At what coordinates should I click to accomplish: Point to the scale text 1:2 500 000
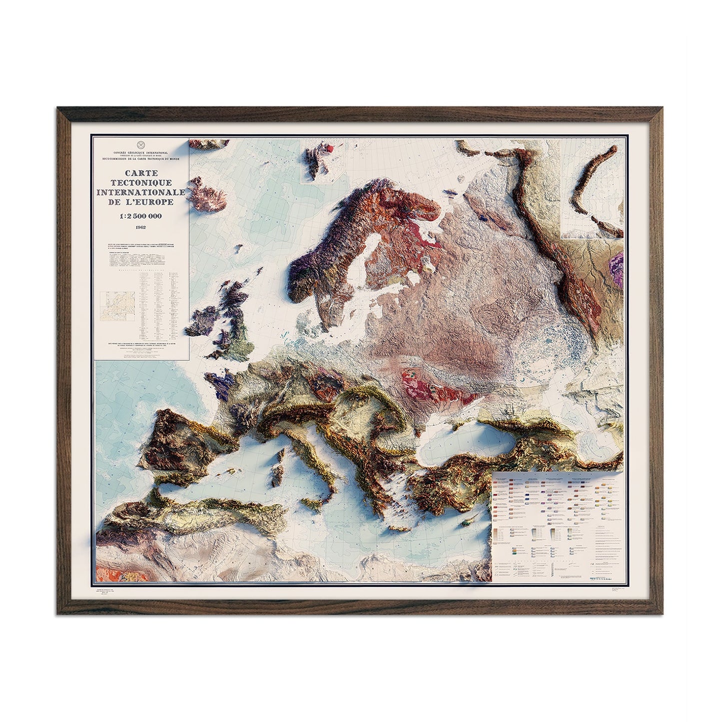pyautogui.click(x=139, y=215)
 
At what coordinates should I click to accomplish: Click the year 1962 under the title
pyautogui.click(x=139, y=228)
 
